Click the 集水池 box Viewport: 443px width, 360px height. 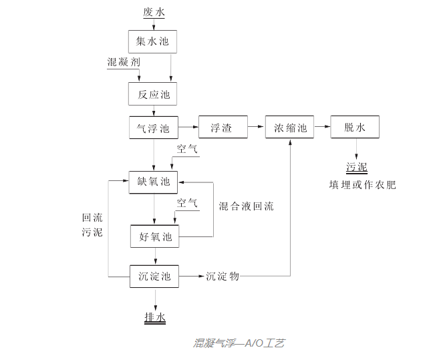pyautogui.click(x=154, y=42)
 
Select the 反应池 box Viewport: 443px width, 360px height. pyautogui.click(x=154, y=94)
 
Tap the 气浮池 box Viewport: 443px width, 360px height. pyautogui.click(x=154, y=128)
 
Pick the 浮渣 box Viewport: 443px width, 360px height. pyautogui.click(x=223, y=128)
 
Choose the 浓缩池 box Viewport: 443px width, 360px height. pyautogui.click(x=289, y=128)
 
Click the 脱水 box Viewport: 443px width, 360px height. pyautogui.click(x=355, y=128)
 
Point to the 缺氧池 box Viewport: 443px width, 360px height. pyautogui.click(x=154, y=181)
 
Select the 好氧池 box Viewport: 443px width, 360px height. pyautogui.click(x=155, y=236)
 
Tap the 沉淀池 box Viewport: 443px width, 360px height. pyautogui.click(x=154, y=275)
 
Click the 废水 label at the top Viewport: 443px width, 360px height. pyautogui.click(x=154, y=12)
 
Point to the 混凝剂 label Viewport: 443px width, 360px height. pyautogui.click(x=124, y=62)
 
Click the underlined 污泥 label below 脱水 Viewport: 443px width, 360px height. pyautogui.click(x=356, y=167)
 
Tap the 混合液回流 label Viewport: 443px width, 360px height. pyautogui.click(x=247, y=206)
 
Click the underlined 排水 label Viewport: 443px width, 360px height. pyautogui.click(x=154, y=317)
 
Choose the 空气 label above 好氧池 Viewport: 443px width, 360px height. pyautogui.click(x=187, y=203)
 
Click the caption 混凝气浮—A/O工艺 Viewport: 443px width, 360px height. pyautogui.click(x=239, y=343)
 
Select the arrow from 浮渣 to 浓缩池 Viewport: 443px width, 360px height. pyautogui.click(x=256, y=127)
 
